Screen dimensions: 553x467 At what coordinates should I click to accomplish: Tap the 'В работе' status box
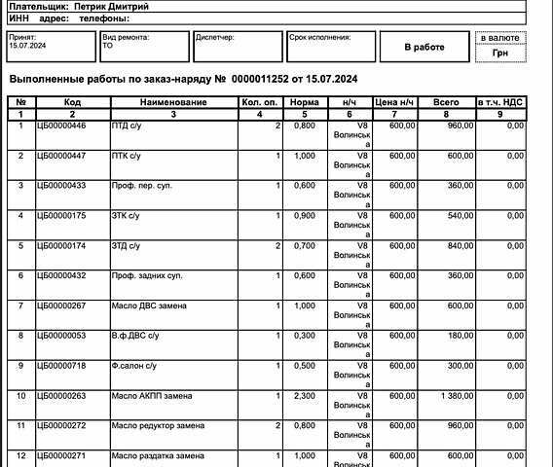point(424,47)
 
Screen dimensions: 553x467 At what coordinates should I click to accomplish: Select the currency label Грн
point(500,54)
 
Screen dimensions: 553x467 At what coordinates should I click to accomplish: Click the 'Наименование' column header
point(173,102)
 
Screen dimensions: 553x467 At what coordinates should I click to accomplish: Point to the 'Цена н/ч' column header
point(395,102)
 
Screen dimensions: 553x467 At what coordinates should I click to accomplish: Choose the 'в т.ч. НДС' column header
point(500,102)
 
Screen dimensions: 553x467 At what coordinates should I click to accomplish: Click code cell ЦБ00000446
point(61,126)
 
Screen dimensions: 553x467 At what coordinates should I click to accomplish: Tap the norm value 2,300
point(305,396)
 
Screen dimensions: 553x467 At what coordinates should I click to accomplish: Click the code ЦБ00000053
point(61,336)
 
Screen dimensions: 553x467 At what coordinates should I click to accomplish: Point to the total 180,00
point(461,336)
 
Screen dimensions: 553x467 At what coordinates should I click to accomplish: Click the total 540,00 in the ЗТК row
point(461,216)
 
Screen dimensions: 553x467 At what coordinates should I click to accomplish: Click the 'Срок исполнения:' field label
point(318,37)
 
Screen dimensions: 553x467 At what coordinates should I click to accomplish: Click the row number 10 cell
point(20,396)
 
